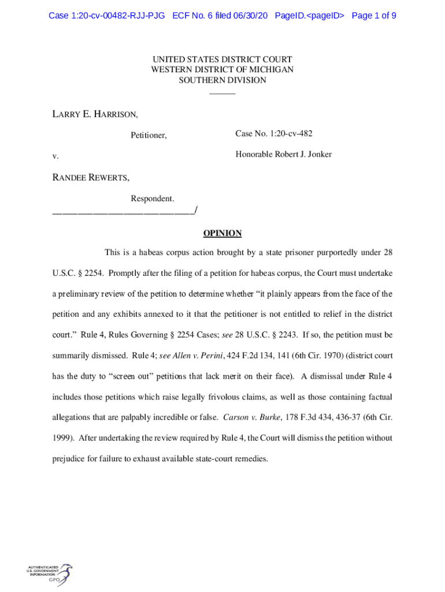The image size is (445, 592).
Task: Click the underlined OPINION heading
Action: point(222,234)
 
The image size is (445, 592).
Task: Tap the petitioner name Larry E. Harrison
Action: point(95,114)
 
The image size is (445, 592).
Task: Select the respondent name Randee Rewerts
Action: point(91,177)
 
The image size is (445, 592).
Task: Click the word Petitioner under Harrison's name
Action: point(149,135)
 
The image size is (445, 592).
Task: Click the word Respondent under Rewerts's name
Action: point(152,199)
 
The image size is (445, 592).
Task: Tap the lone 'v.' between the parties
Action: point(55,156)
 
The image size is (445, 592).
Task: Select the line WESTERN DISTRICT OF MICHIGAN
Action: point(222,70)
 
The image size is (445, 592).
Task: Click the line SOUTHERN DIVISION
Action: point(222,80)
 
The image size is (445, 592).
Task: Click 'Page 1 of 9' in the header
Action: point(373,16)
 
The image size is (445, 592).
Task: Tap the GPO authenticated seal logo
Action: point(50,576)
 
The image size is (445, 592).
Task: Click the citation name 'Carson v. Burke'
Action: point(247,417)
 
